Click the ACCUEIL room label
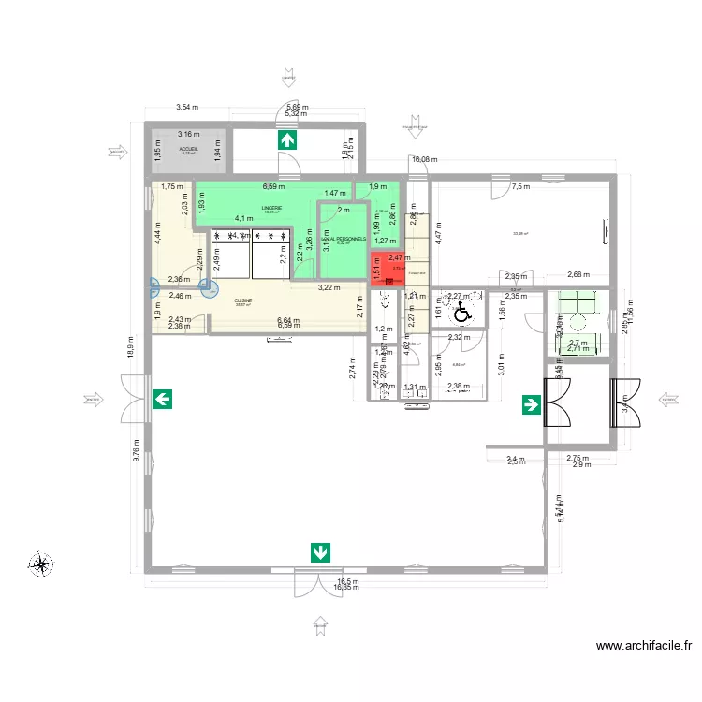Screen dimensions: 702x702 pyautogui.click(x=188, y=148)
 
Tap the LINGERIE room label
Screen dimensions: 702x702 pyautogui.click(x=272, y=207)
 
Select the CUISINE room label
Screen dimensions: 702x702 pyautogui.click(x=243, y=300)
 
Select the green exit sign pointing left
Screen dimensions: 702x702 pyautogui.click(x=162, y=401)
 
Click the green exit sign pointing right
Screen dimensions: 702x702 pyautogui.click(x=531, y=404)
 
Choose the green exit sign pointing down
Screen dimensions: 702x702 pyautogui.click(x=320, y=552)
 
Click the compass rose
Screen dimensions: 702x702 pyautogui.click(x=41, y=564)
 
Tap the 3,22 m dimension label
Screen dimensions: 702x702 pyautogui.click(x=329, y=287)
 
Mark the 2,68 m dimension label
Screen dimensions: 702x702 pyautogui.click(x=580, y=274)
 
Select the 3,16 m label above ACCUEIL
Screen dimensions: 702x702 pyautogui.click(x=189, y=135)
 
